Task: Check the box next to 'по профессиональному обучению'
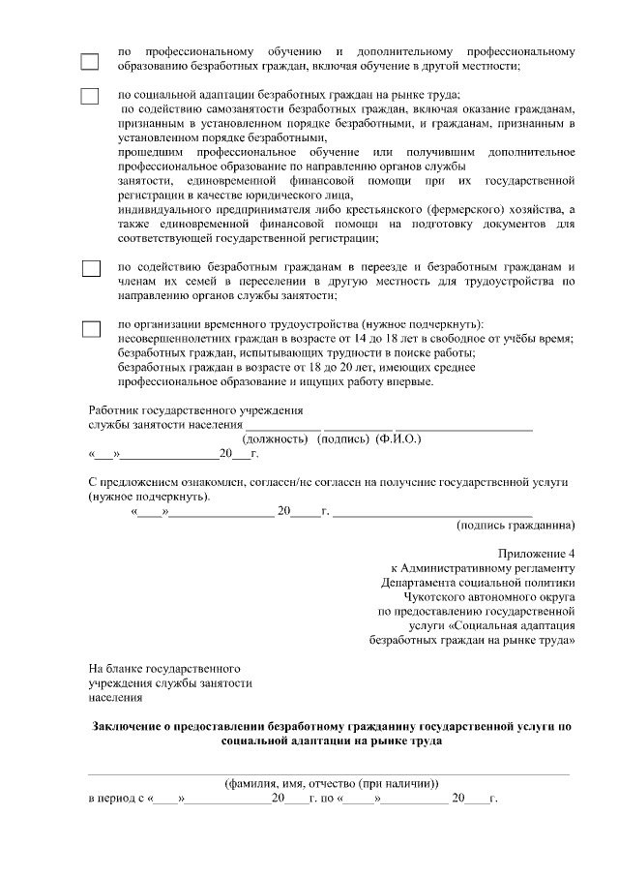click(90, 60)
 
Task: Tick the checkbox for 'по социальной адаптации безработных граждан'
click(90, 96)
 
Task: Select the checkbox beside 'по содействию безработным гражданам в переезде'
click(90, 268)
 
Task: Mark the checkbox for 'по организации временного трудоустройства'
click(90, 328)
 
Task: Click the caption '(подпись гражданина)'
click(516, 526)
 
